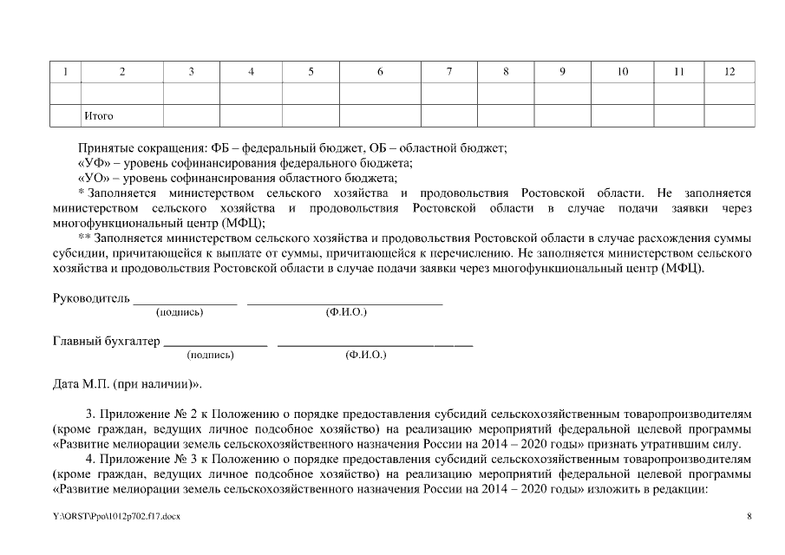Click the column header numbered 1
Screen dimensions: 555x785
tap(65, 72)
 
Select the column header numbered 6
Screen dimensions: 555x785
tap(380, 72)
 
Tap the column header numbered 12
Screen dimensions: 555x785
tap(729, 72)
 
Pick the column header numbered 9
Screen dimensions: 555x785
tap(562, 72)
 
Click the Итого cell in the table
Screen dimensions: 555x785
tap(98, 115)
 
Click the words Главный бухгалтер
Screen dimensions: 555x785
tap(107, 342)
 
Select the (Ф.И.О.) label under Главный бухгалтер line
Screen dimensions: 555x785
tap(365, 355)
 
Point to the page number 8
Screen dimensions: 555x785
tap(749, 517)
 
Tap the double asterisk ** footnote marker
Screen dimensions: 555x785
tap(84, 238)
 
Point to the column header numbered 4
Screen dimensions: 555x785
tap(251, 72)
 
